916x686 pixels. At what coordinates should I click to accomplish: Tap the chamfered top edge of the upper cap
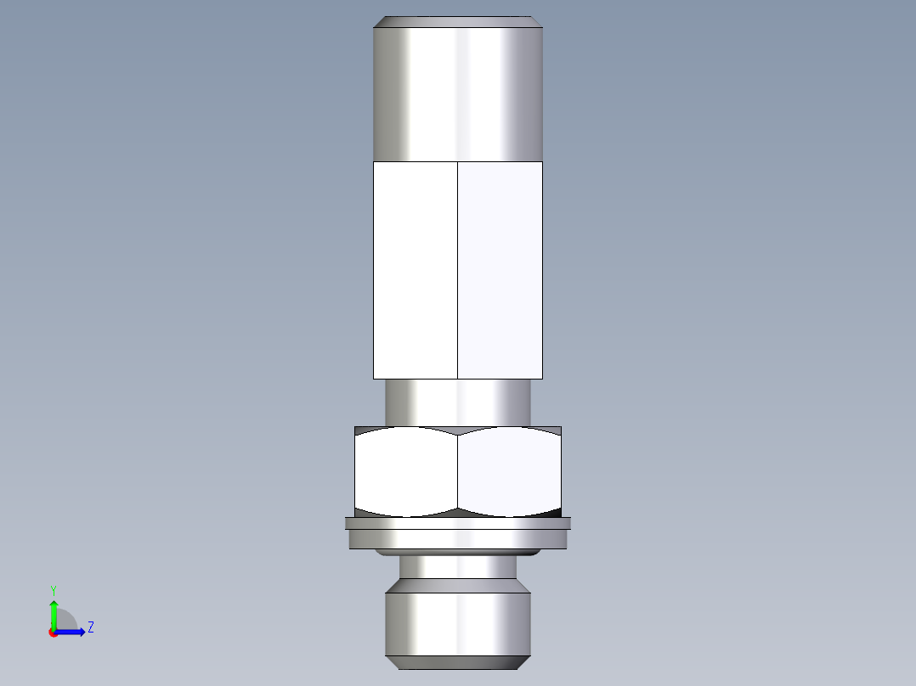tap(458, 21)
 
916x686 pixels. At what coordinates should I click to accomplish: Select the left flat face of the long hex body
tap(416, 270)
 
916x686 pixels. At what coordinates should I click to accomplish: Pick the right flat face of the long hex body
tap(500, 270)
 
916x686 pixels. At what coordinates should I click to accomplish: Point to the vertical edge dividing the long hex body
tap(458, 270)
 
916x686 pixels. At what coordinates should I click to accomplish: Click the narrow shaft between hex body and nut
tap(458, 402)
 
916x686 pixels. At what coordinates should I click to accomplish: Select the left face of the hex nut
tap(406, 472)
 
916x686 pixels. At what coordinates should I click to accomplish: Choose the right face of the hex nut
tap(510, 472)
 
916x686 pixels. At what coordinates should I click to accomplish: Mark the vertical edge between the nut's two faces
tap(458, 472)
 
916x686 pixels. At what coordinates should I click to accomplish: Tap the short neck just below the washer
tap(458, 566)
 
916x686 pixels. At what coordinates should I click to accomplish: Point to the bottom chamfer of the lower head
tap(458, 662)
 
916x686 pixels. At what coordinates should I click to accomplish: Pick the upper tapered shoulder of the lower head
tap(458, 586)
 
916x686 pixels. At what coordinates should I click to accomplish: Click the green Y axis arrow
tap(54, 613)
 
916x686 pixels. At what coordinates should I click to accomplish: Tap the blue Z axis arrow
tap(75, 632)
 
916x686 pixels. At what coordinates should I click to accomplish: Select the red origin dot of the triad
tap(54, 633)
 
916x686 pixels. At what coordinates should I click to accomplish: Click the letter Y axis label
tap(53, 589)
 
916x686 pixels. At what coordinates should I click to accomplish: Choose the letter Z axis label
tap(90, 627)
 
